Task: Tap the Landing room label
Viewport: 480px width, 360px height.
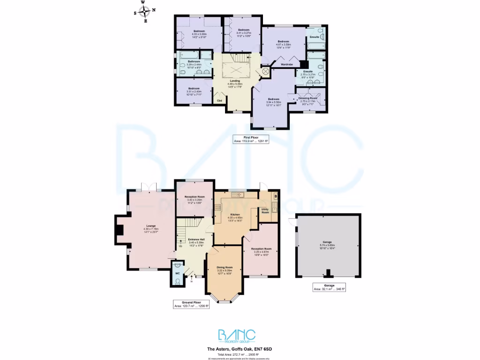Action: point(235,81)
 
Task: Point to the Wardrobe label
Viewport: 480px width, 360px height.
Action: point(287,64)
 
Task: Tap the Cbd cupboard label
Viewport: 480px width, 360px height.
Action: point(219,100)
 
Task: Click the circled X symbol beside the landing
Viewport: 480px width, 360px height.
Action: point(265,72)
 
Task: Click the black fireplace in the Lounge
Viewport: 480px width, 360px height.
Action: point(120,230)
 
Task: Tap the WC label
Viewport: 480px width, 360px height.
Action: point(178,273)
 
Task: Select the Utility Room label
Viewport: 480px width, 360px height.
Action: point(265,211)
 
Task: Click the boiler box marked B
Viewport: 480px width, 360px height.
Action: point(276,195)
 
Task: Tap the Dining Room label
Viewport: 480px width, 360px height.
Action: point(225,267)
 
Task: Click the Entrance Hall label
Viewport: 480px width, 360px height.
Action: point(196,239)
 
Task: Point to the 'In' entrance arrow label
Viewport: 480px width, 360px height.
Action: point(192,282)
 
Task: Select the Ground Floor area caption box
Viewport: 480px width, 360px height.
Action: point(191,304)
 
